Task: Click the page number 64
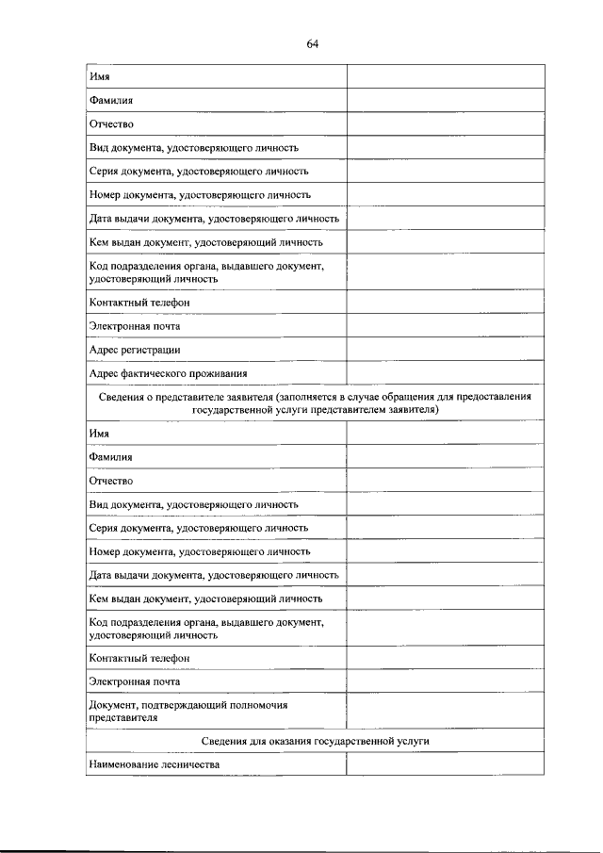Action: (314, 43)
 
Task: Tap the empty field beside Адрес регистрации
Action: (445, 350)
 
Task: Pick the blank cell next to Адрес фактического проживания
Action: (445, 373)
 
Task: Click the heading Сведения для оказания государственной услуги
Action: (315, 742)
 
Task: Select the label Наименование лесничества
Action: (154, 764)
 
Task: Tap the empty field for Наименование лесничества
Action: (445, 764)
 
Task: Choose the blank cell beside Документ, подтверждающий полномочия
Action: (445, 711)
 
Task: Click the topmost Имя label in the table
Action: (99, 76)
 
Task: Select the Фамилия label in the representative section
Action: (110, 457)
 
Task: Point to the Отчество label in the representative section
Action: (111, 481)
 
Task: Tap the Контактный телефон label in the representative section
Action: (139, 658)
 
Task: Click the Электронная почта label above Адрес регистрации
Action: (135, 326)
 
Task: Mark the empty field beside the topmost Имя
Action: (445, 76)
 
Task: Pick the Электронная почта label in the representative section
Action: (135, 681)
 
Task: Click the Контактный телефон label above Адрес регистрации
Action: (139, 303)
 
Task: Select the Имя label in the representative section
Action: (99, 434)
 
